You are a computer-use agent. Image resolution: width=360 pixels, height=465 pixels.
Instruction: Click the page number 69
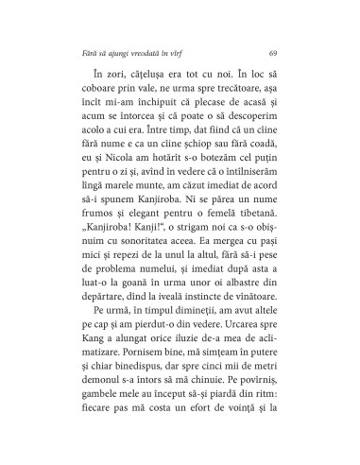272,50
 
